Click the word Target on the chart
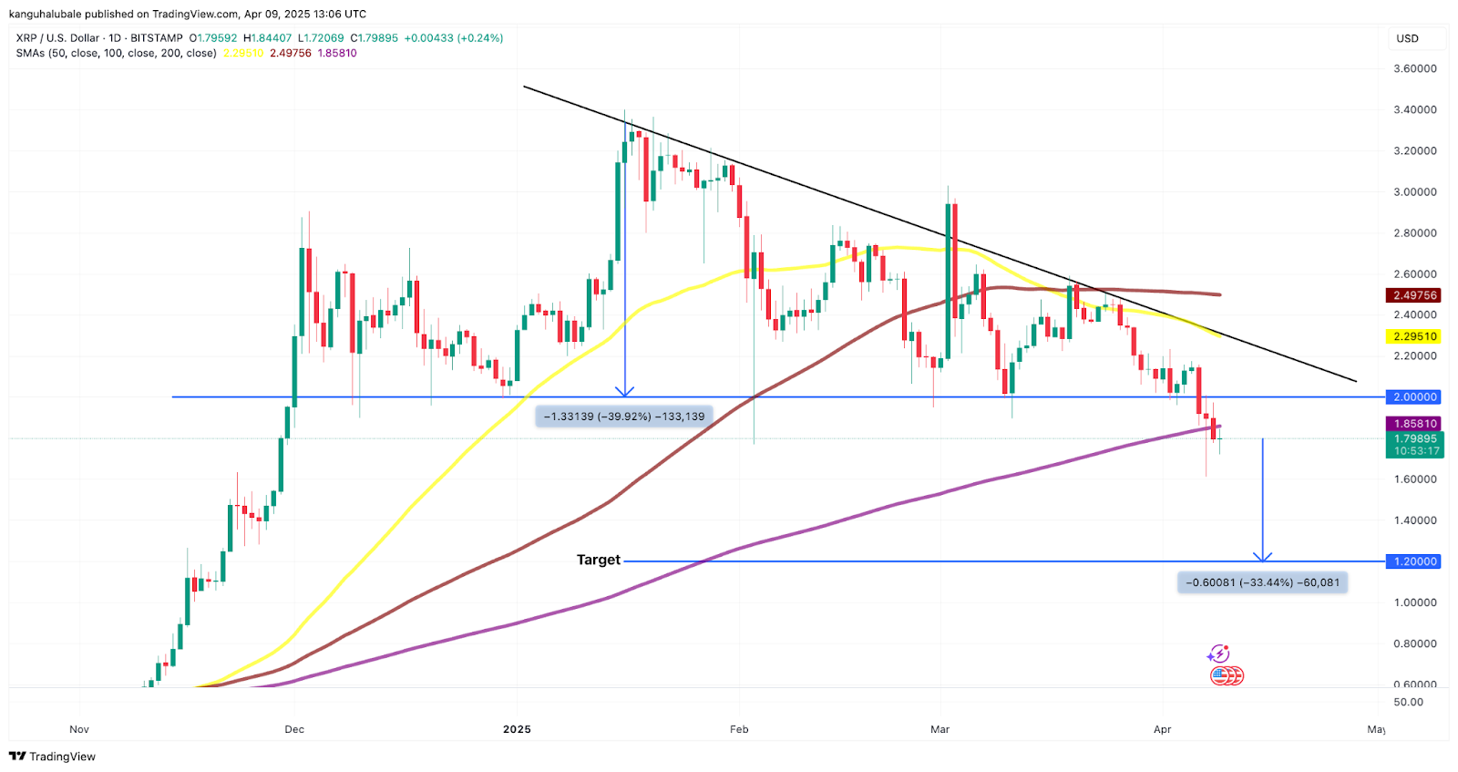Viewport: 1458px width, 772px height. tap(598, 560)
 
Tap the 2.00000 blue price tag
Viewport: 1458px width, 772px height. tap(1414, 397)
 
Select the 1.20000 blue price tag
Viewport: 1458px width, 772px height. tap(1414, 561)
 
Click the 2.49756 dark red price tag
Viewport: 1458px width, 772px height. tap(1414, 295)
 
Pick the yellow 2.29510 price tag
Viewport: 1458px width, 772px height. tap(1414, 336)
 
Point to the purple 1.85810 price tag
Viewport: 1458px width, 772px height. tap(1414, 424)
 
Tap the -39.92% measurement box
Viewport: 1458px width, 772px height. tap(624, 417)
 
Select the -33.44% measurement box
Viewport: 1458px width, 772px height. tap(1262, 582)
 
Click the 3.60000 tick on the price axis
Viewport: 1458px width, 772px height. tap(1414, 68)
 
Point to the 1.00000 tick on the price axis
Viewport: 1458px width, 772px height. tap(1414, 602)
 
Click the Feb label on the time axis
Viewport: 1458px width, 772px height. tap(739, 729)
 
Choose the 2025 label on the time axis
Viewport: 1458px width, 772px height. tap(517, 729)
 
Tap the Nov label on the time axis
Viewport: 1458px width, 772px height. tap(79, 729)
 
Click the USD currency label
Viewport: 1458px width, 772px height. tap(1407, 38)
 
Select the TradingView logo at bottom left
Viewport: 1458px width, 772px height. tap(52, 757)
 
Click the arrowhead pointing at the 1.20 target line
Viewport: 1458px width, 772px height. tap(1262, 556)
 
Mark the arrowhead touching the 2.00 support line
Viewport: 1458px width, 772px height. tap(624, 391)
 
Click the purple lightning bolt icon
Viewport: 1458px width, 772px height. tap(1218, 654)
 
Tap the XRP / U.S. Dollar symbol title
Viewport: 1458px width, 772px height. tap(57, 38)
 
